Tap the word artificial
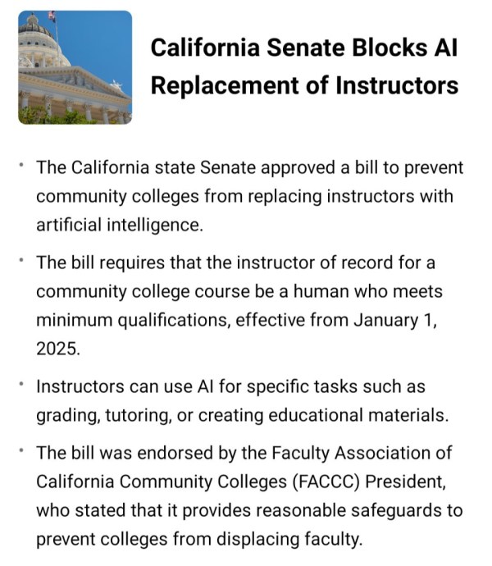(70, 224)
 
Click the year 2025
(57, 347)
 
